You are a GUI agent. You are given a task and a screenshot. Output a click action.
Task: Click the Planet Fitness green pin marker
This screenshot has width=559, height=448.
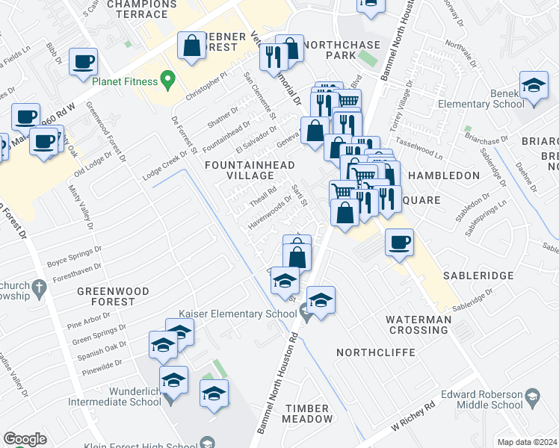(x=168, y=78)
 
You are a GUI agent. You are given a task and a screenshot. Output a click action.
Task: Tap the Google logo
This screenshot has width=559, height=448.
(x=24, y=439)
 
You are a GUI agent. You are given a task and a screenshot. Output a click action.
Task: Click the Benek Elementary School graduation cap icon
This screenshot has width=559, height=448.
(x=534, y=87)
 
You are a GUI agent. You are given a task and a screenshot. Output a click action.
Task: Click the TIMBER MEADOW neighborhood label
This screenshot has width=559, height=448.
(x=306, y=414)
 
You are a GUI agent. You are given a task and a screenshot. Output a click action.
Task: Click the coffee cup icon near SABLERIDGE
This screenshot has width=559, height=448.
(x=400, y=243)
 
